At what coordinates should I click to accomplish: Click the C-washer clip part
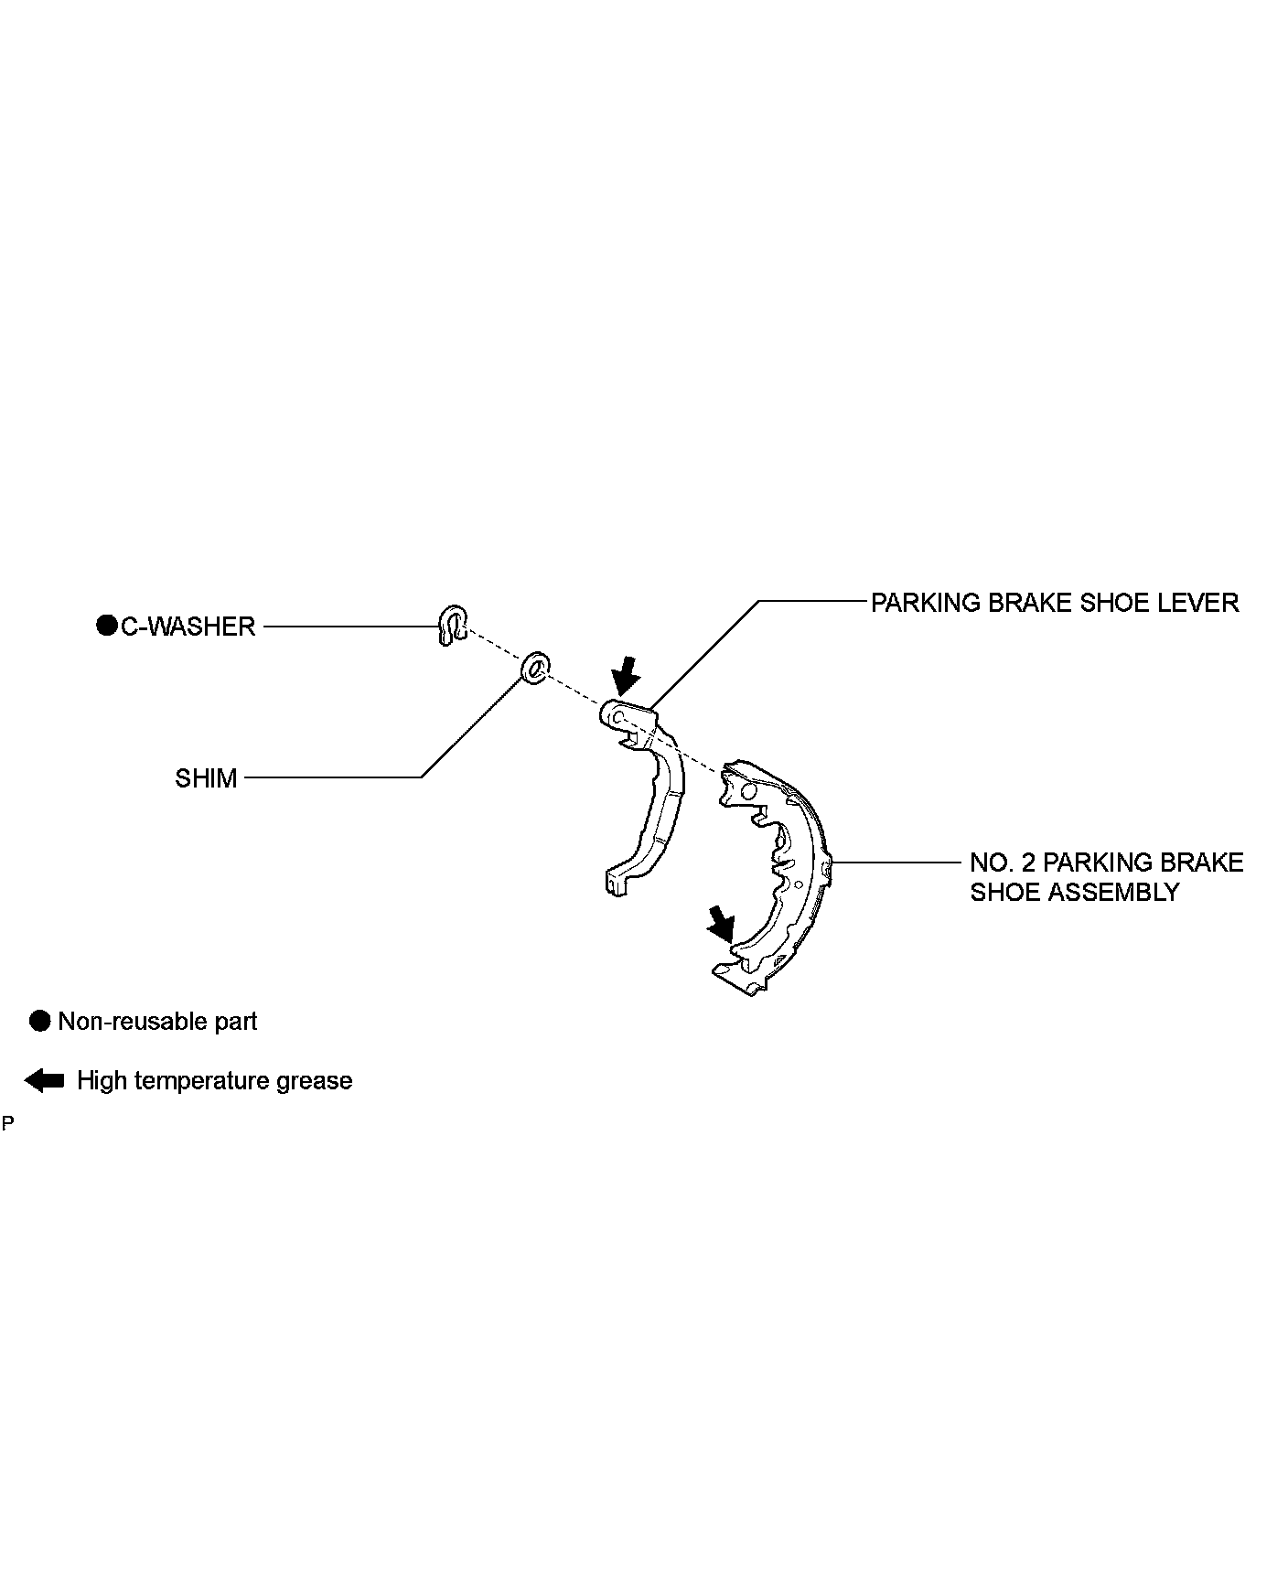pyautogui.click(x=451, y=625)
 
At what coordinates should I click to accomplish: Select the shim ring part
pyautogui.click(x=534, y=668)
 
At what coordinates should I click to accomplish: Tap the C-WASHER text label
pyautogui.click(x=188, y=627)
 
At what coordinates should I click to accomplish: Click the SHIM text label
pyautogui.click(x=206, y=778)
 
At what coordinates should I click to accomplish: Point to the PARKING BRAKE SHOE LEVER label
pyautogui.click(x=1054, y=603)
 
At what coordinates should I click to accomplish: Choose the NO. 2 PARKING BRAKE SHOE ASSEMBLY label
pyautogui.click(x=1106, y=877)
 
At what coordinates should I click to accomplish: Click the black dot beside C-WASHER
pyautogui.click(x=107, y=627)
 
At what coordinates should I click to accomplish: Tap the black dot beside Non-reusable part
pyautogui.click(x=39, y=1022)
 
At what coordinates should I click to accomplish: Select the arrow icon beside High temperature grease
pyautogui.click(x=44, y=1080)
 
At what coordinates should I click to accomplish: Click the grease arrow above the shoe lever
pyautogui.click(x=626, y=675)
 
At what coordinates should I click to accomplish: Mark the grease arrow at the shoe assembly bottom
pyautogui.click(x=721, y=923)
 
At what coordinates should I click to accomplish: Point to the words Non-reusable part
pyautogui.click(x=157, y=1022)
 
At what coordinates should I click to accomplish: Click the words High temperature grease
pyautogui.click(x=214, y=1080)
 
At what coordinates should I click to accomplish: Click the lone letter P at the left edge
pyautogui.click(x=8, y=1123)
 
